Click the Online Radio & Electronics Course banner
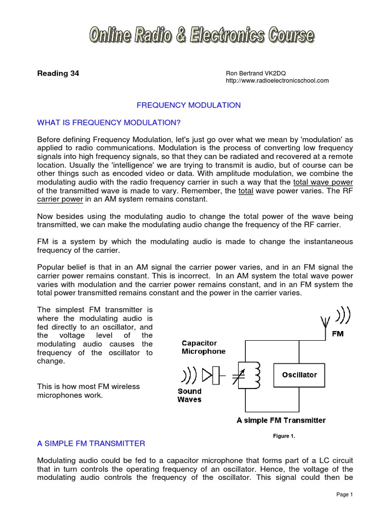click(202, 36)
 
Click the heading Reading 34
click(58, 73)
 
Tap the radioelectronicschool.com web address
click(277, 80)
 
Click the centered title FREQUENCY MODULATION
click(189, 105)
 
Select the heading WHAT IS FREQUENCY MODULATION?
click(109, 122)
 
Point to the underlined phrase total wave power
click(323, 182)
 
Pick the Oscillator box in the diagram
click(299, 375)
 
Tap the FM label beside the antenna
click(337, 334)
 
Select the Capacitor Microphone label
click(203, 347)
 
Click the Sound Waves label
click(189, 395)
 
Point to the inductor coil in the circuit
click(256, 375)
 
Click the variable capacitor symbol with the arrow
click(239, 376)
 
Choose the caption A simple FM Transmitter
click(281, 420)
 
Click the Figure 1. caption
click(284, 436)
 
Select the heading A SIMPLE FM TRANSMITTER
click(91, 443)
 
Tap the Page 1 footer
click(344, 495)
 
